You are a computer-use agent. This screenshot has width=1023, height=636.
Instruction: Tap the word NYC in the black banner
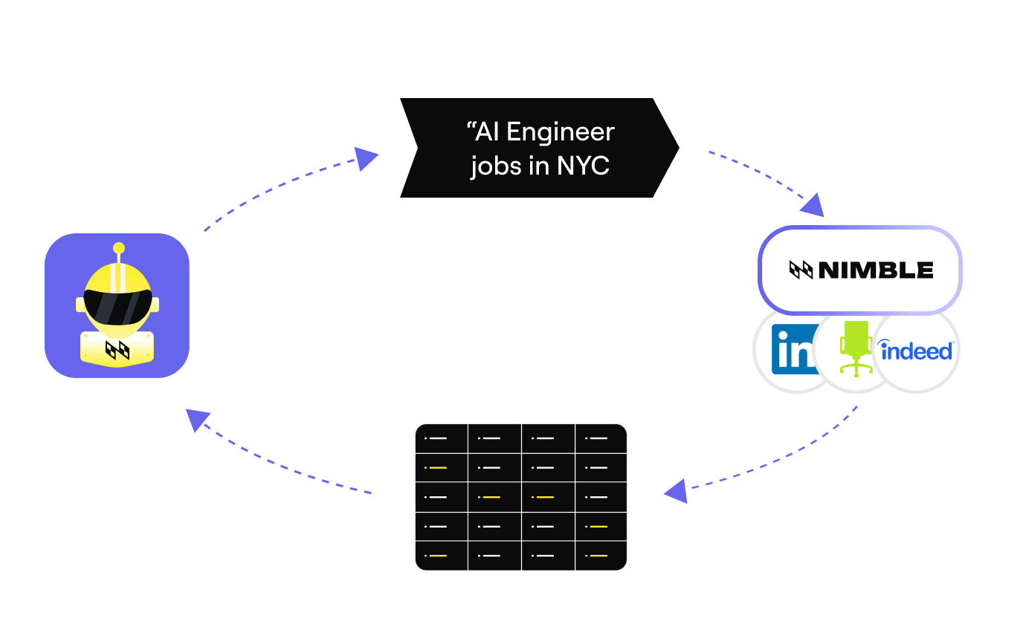[x=583, y=165]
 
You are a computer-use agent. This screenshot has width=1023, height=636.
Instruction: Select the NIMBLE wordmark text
[x=876, y=270]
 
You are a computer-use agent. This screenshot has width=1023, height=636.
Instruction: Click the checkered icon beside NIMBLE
[x=801, y=270]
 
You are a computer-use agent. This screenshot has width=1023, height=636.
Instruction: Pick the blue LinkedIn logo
[x=795, y=350]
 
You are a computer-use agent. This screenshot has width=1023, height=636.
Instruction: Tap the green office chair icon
[x=856, y=348]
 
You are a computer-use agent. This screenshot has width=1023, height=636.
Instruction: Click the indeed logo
[x=916, y=351]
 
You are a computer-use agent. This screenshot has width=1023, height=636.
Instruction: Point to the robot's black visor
[x=117, y=307]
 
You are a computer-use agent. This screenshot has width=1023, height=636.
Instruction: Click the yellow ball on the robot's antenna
[x=119, y=248]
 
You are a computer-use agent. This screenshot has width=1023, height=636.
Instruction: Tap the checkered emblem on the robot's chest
[x=117, y=351]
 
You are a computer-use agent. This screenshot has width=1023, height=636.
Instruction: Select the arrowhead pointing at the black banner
[x=366, y=158]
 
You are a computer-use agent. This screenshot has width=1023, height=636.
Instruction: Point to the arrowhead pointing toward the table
[x=677, y=491]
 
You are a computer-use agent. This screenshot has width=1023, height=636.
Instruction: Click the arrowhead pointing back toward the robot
[x=197, y=420]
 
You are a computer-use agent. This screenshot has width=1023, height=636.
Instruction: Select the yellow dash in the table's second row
[x=437, y=468]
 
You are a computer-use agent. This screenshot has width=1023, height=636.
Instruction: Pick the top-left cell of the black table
[x=442, y=438]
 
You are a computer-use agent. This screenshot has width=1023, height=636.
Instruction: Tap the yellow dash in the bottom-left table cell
[x=437, y=556]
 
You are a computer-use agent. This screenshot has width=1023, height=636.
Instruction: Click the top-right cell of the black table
[x=601, y=438]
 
